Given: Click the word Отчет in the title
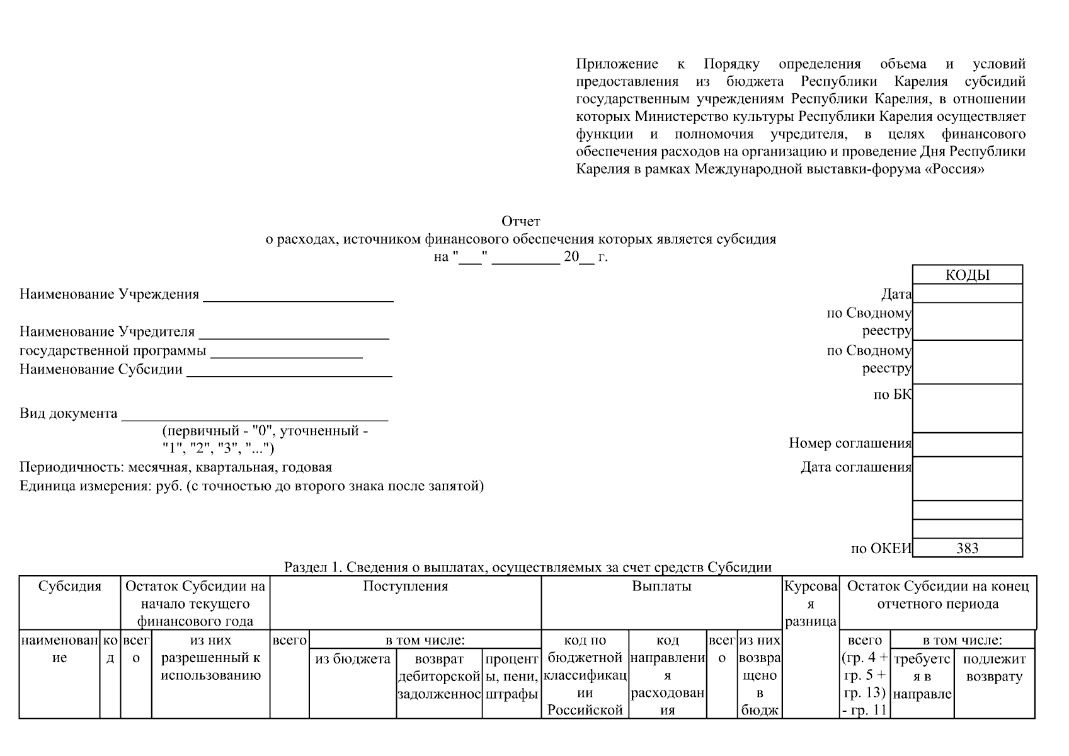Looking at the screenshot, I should pyautogui.click(x=520, y=222).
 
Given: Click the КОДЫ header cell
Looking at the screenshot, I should pyautogui.click(x=967, y=275).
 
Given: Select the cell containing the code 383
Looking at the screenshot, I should pyautogui.click(x=967, y=548).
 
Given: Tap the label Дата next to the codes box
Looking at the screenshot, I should pyautogui.click(x=896, y=294).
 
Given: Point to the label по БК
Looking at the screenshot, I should pyautogui.click(x=892, y=395).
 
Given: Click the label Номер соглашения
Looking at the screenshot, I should pyautogui.click(x=850, y=444).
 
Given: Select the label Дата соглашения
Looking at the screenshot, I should pyautogui.click(x=855, y=467).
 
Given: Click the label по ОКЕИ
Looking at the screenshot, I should pyautogui.click(x=881, y=549).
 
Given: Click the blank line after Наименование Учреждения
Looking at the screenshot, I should pyautogui.click(x=298, y=296).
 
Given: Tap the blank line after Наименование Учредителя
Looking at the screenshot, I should pyautogui.click(x=294, y=334).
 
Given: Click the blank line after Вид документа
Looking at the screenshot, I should pyautogui.click(x=254, y=415).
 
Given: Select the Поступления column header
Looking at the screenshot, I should pyautogui.click(x=405, y=587).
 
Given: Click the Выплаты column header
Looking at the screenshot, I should pyautogui.click(x=661, y=587).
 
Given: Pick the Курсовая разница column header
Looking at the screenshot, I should pyautogui.click(x=810, y=604).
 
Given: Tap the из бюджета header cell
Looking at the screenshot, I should pyautogui.click(x=352, y=660).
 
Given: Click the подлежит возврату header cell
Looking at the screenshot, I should pyautogui.click(x=994, y=668).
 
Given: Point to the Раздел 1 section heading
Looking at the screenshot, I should pyautogui.click(x=528, y=567).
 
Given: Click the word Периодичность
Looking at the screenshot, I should pyautogui.click(x=72, y=467).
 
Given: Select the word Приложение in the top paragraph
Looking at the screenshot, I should pyautogui.click(x=617, y=64).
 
